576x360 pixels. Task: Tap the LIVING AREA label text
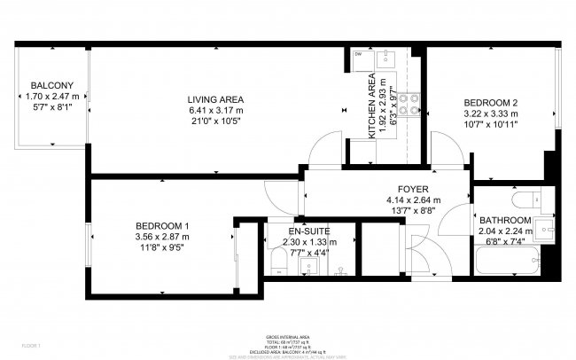[x=215, y=98]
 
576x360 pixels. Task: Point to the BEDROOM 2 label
[x=491, y=102]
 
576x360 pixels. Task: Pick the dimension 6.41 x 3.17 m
[x=215, y=110]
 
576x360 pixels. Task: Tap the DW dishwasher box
[x=358, y=55]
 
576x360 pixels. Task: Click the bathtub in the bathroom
[x=506, y=262]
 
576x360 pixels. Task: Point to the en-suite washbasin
[x=307, y=263]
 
